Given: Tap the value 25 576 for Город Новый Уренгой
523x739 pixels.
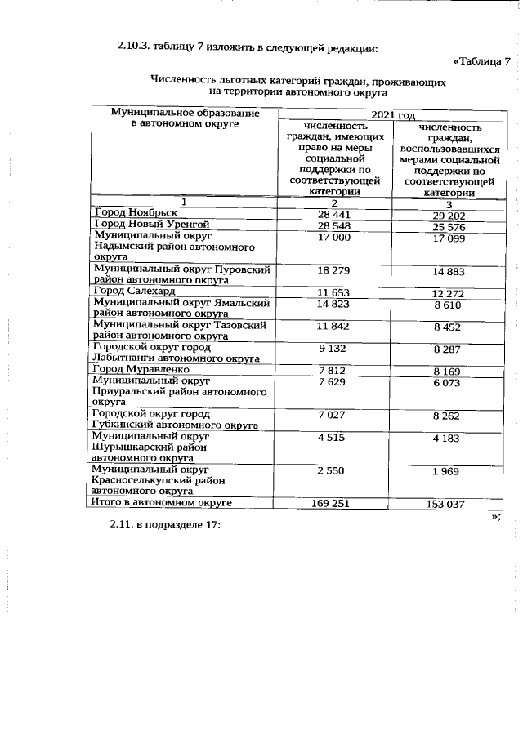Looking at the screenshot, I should point(449,225).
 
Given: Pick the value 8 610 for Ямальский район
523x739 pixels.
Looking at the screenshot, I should point(449,304).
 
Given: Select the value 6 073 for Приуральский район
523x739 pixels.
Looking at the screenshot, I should point(449,382).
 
